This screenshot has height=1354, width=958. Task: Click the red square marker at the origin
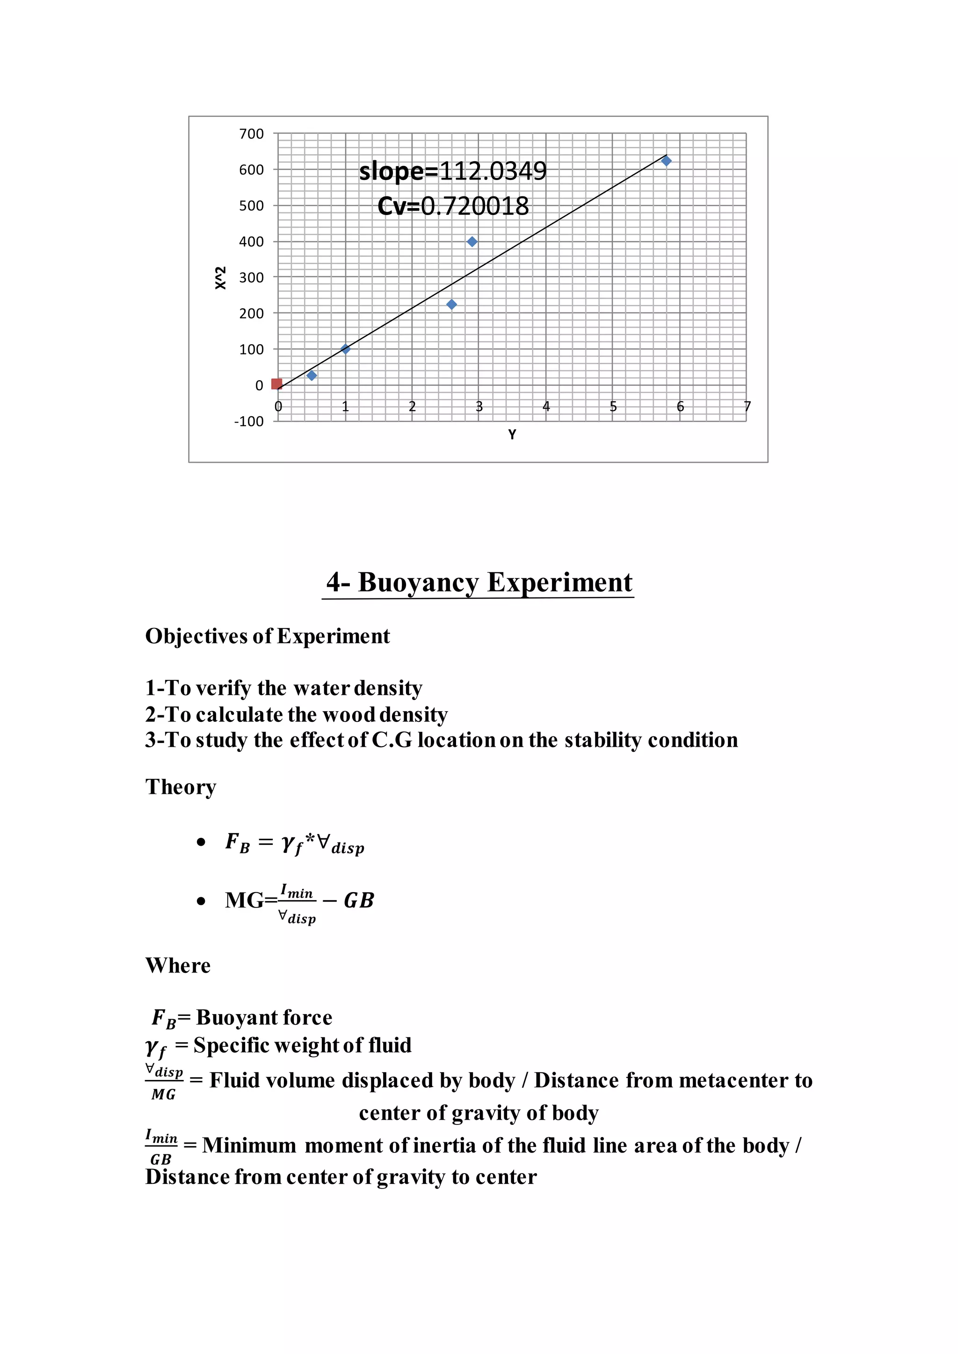pos(276,384)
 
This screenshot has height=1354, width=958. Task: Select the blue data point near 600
pos(666,161)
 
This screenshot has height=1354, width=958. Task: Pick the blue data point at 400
pos(472,242)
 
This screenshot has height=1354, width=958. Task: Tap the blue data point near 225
pos(451,304)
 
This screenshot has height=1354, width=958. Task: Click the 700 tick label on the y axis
pos(251,134)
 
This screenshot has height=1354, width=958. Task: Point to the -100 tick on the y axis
pos(249,421)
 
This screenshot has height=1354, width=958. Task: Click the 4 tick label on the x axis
pos(546,406)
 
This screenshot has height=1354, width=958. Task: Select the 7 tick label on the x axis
pos(747,406)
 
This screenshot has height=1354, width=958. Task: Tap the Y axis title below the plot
pos(512,435)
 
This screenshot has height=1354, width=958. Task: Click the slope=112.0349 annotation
pos(453,171)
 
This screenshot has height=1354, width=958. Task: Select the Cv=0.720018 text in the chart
pos(453,206)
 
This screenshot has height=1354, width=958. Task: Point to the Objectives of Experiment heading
pos(267,636)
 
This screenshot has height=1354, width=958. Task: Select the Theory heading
pos(181,787)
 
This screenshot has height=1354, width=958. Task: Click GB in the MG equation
pos(359,900)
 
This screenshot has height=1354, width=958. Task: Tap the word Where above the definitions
pos(178,965)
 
